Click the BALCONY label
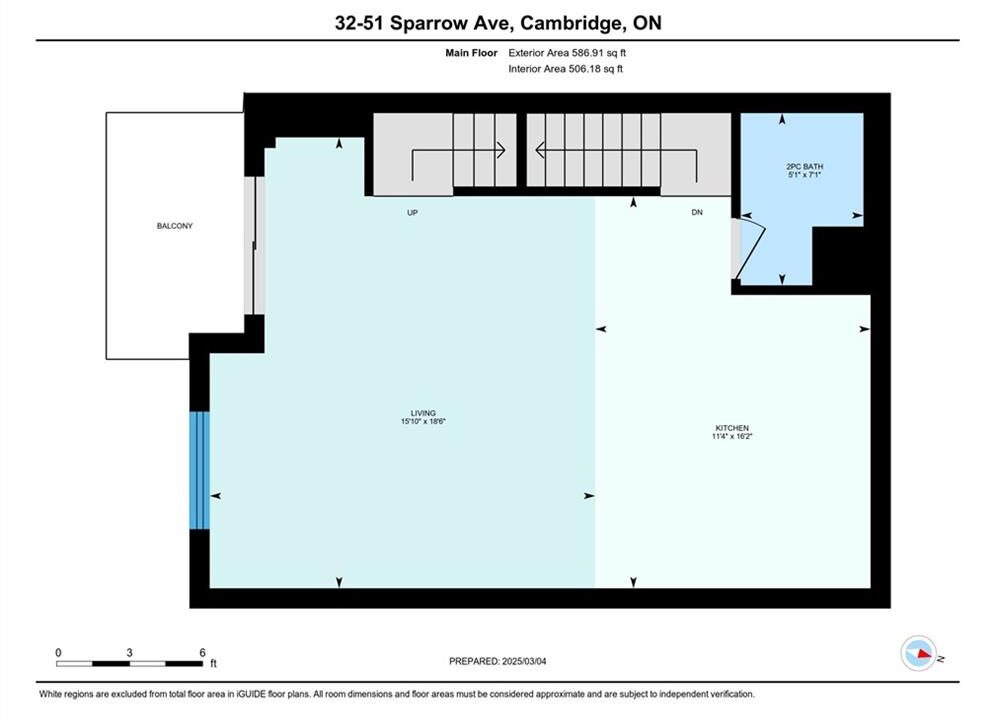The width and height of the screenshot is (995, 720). pyautogui.click(x=175, y=226)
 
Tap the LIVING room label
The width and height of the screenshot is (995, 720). pyautogui.click(x=423, y=413)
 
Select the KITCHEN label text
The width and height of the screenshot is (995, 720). pyautogui.click(x=732, y=428)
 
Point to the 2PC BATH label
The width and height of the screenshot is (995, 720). pyautogui.click(x=805, y=167)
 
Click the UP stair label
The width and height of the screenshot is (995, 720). pyautogui.click(x=412, y=213)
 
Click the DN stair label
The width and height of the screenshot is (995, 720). pyautogui.click(x=697, y=213)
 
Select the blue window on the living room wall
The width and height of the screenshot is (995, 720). pyautogui.click(x=199, y=470)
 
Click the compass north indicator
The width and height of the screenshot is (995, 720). pyautogui.click(x=918, y=653)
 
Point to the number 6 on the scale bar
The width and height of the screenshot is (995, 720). pyautogui.click(x=202, y=652)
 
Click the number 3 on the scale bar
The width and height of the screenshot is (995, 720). pyautogui.click(x=129, y=652)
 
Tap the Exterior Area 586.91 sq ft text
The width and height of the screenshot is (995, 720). pyautogui.click(x=567, y=53)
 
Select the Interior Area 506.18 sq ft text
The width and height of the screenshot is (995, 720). pyautogui.click(x=565, y=69)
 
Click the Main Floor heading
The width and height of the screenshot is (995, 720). pyautogui.click(x=471, y=53)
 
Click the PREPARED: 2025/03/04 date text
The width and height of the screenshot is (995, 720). pyautogui.click(x=498, y=661)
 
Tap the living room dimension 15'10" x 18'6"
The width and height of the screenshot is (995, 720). pyautogui.click(x=423, y=421)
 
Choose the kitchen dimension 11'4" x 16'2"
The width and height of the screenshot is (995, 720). pyautogui.click(x=732, y=436)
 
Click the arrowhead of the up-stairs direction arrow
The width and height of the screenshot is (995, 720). pyautogui.click(x=501, y=150)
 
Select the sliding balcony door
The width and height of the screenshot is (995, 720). pyautogui.click(x=254, y=245)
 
